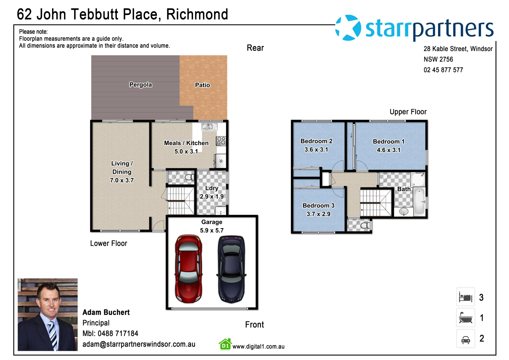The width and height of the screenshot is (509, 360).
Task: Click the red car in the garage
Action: click(189, 269)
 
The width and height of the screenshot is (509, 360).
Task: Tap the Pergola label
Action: click(140, 85)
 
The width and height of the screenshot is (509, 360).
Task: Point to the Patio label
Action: click(202, 85)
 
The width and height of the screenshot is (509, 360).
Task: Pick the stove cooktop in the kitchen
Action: click(221, 141)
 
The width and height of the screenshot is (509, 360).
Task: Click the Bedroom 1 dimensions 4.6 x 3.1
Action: click(388, 150)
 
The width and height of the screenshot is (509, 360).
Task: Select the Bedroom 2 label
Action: click(316, 141)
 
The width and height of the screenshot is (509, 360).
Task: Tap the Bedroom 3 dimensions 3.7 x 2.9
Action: click(318, 214)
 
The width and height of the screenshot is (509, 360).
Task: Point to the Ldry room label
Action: click(212, 188)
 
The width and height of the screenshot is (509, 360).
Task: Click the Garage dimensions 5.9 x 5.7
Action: click(212, 230)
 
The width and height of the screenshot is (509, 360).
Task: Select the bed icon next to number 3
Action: click(465, 297)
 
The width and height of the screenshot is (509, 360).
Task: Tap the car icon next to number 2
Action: click(465, 339)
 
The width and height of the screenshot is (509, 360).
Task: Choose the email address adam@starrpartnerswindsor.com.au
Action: click(139, 344)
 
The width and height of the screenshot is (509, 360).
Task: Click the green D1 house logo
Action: click(225, 345)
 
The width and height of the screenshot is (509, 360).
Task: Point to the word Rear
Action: click(255, 48)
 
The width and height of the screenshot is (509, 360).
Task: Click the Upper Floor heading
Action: click(408, 112)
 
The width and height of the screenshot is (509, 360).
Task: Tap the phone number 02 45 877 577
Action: click(443, 70)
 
